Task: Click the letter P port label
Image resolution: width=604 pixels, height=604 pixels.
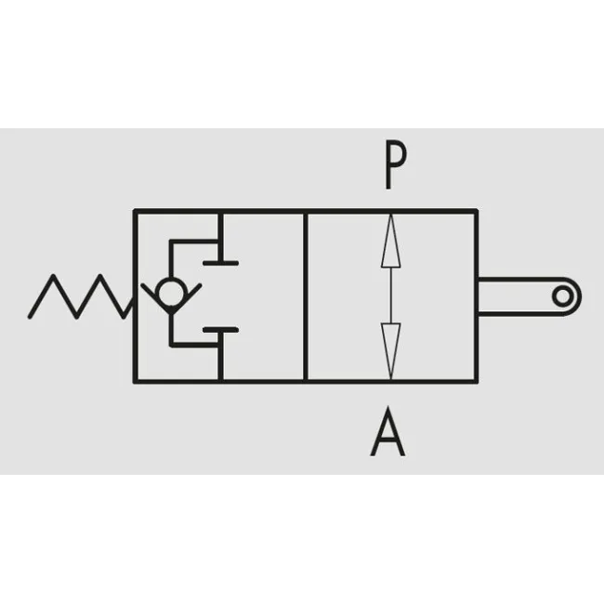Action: click(x=396, y=164)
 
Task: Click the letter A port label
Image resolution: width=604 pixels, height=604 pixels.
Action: click(x=387, y=431)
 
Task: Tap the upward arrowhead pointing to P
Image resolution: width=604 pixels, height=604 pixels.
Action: click(x=390, y=241)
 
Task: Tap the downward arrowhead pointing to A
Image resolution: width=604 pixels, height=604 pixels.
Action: click(x=390, y=350)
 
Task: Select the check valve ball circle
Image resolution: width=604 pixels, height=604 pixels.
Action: click(x=171, y=293)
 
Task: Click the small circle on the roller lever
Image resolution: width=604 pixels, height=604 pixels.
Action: click(x=562, y=296)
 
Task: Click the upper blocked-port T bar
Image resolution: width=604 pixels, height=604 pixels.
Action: click(x=221, y=263)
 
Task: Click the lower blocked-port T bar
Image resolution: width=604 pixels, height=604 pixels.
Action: click(x=221, y=330)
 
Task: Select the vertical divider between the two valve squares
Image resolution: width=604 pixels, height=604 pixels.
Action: click(x=306, y=296)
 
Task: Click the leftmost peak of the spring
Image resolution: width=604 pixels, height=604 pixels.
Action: click(x=53, y=275)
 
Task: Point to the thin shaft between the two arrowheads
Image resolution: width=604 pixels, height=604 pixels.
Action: click(x=390, y=295)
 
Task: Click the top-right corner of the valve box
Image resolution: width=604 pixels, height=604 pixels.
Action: click(x=476, y=212)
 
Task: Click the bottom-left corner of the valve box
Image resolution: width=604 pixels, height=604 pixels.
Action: click(x=136, y=381)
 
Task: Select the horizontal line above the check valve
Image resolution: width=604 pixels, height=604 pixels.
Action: click(x=194, y=242)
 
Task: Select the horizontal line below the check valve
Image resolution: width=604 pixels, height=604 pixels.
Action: click(x=194, y=345)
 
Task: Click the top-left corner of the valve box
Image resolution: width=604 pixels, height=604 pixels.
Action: click(x=136, y=212)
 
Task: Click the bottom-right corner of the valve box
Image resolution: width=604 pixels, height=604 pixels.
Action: click(x=476, y=381)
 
